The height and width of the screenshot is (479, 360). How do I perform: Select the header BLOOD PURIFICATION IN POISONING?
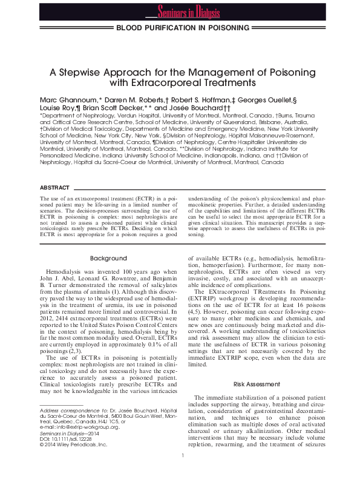[182, 28]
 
